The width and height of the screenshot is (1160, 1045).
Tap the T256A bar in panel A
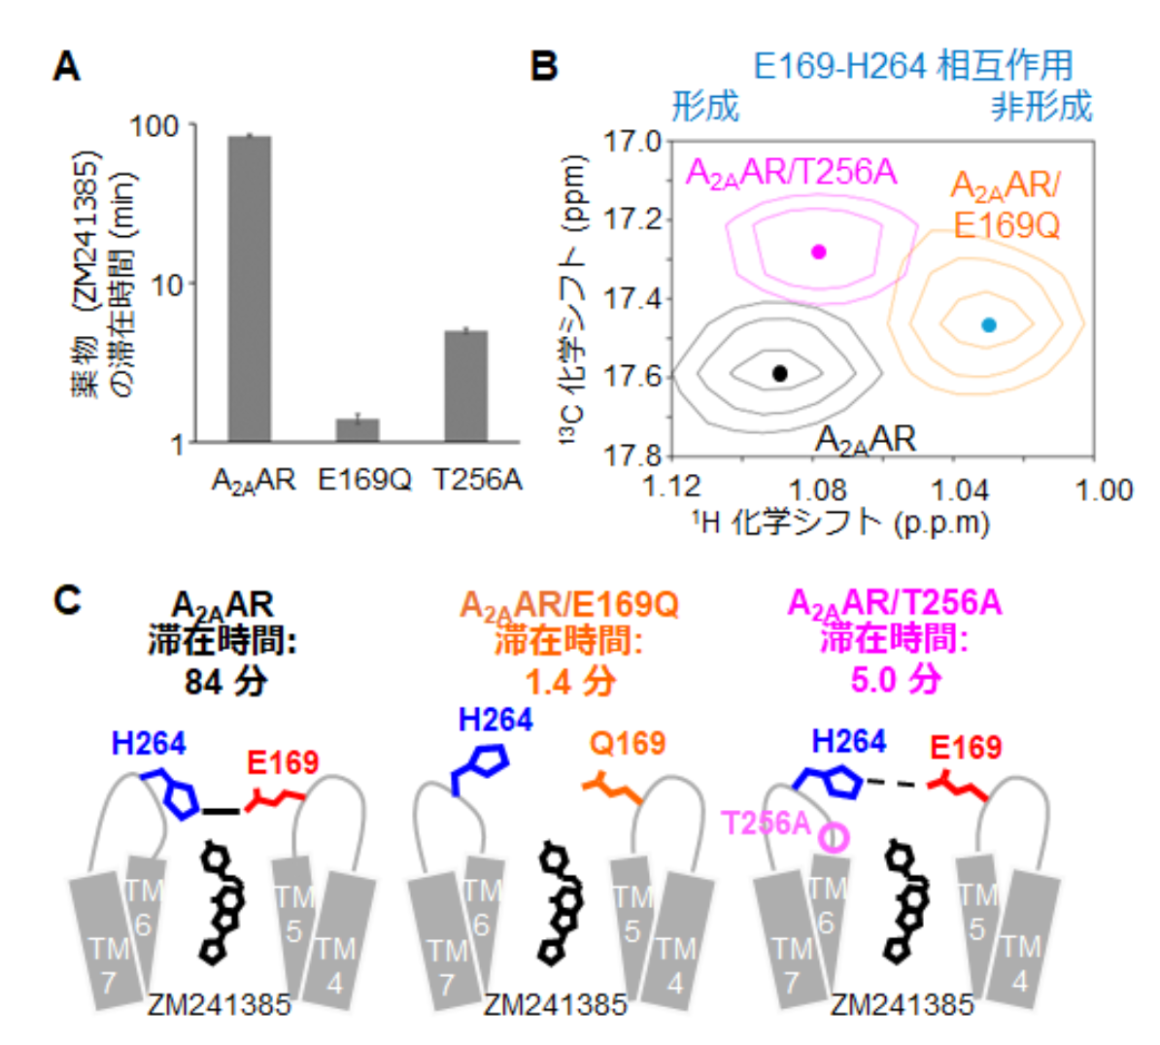tap(466, 387)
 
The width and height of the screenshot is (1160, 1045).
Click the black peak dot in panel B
tap(779, 373)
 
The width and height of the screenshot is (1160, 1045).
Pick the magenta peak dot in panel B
tap(818, 252)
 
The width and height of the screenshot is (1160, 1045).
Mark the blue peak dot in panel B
tap(988, 325)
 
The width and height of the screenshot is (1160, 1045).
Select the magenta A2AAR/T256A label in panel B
tap(791, 173)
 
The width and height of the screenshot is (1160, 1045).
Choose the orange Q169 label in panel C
tap(627, 744)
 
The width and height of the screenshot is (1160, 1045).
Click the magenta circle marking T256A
tap(833, 836)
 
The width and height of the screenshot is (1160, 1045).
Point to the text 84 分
tap(225, 681)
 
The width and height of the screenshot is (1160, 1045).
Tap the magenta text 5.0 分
tap(895, 679)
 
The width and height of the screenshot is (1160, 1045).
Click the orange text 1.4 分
tap(569, 681)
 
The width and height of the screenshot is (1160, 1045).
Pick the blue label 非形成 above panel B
tap(1041, 107)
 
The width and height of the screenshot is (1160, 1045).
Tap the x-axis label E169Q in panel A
tap(365, 480)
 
